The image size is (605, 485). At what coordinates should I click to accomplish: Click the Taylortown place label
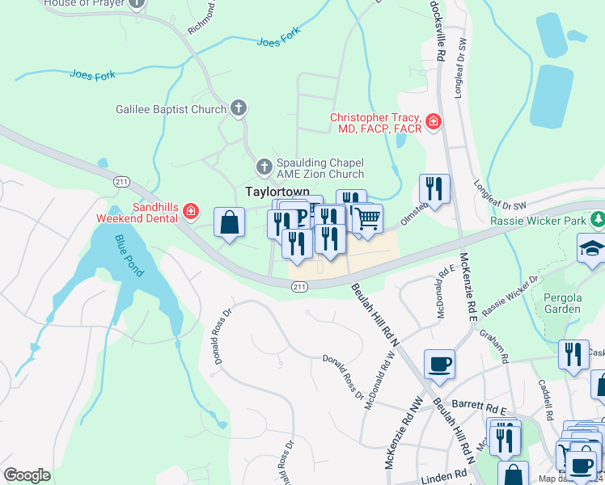277,191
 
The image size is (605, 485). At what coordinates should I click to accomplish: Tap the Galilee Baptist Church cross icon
238,108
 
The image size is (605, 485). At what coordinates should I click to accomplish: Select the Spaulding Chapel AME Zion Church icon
263,167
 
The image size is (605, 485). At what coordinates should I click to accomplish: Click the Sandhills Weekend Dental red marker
191,212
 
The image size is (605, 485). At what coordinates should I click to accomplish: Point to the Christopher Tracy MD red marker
434,122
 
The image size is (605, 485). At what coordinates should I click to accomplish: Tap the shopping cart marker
367,218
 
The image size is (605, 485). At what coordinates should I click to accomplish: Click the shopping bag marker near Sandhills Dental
230,221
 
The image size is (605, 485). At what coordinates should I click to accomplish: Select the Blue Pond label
129,256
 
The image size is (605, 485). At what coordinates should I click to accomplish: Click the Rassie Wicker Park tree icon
598,220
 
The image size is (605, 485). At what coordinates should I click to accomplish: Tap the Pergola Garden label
561,303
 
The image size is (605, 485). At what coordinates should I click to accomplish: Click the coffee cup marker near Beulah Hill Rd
439,364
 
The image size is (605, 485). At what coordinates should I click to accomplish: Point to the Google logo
27,474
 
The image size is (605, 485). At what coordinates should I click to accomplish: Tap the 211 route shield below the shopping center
299,286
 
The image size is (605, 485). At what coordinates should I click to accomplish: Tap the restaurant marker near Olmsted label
434,189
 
